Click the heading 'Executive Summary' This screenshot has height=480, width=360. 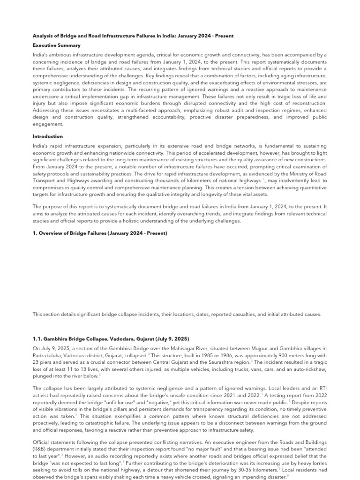pos(56,45)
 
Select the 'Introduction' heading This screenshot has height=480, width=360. pos(47,136)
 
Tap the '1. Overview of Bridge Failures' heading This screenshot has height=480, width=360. pos(100,233)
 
